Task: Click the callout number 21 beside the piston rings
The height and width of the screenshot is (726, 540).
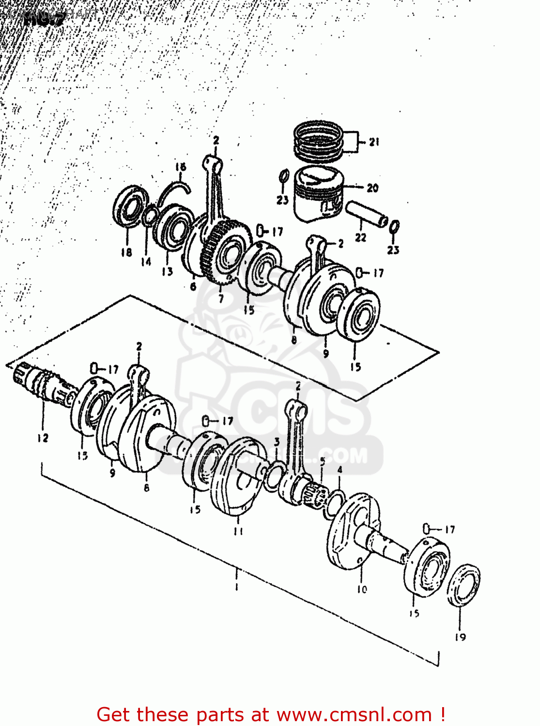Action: tap(374, 142)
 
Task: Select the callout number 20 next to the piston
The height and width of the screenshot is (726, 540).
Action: tap(372, 188)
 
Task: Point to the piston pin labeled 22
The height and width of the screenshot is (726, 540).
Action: tap(367, 214)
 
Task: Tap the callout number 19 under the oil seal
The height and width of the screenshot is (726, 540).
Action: tap(460, 637)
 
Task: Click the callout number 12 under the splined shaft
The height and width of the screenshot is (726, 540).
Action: tap(43, 438)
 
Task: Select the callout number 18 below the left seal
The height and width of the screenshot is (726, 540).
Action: tap(126, 252)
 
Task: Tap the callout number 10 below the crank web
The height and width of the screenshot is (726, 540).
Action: tap(362, 589)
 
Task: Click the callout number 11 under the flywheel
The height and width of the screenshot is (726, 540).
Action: tap(238, 531)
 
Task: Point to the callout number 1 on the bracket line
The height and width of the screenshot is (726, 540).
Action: tap(237, 587)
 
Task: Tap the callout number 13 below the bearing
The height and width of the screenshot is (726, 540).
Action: tap(167, 272)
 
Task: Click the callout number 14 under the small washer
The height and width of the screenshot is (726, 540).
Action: tap(146, 262)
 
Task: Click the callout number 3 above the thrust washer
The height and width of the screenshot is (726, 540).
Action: tap(277, 442)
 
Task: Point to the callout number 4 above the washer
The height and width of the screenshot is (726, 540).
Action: tap(340, 469)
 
